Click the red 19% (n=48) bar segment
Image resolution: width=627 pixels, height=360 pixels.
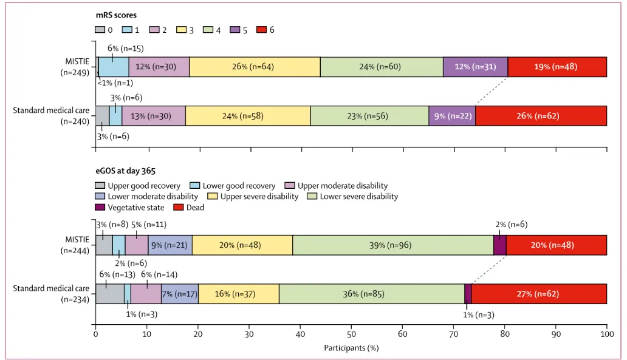tap(557, 67)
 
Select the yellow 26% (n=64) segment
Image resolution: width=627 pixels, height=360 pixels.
tap(255, 67)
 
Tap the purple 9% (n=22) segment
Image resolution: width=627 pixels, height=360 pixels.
tap(451, 115)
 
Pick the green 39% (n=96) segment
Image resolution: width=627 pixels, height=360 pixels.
tap(393, 245)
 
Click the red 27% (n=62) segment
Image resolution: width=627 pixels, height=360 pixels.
tap(539, 294)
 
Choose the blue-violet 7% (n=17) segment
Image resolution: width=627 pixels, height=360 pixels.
tap(180, 294)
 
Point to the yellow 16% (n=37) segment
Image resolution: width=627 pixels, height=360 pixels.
tap(239, 294)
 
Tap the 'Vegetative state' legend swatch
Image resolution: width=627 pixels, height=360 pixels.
tap(101, 208)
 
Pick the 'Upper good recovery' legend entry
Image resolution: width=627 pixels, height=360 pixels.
tap(138, 186)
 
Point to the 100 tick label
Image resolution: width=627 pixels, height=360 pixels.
tap(606, 334)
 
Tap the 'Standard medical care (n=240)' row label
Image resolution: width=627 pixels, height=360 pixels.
tap(52, 115)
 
